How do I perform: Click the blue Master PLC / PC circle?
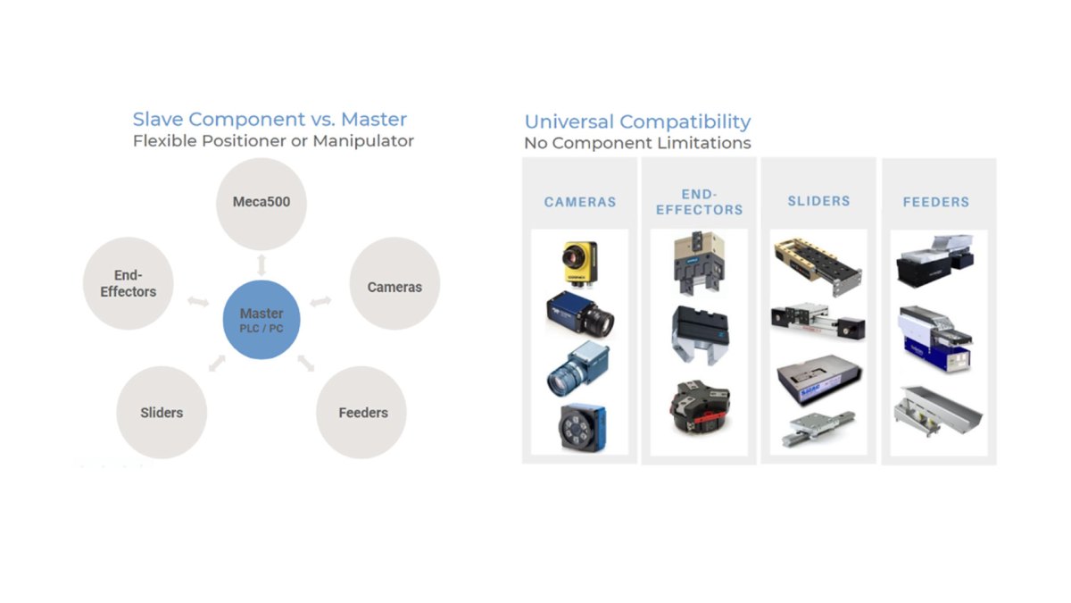click(x=262, y=320)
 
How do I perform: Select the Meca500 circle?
click(x=261, y=204)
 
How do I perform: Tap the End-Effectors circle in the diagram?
click(x=129, y=283)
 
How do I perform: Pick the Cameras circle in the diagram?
click(x=394, y=283)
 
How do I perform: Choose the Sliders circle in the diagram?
click(x=162, y=413)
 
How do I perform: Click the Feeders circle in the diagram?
click(x=361, y=413)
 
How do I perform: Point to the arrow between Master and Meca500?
click(x=261, y=265)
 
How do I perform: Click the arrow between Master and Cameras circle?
click(x=320, y=302)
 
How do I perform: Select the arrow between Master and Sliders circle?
click(x=217, y=363)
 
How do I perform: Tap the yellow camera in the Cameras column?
click(x=579, y=264)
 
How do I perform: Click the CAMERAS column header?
click(x=580, y=202)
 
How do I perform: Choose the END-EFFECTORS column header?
click(x=700, y=202)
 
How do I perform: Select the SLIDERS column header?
click(x=819, y=201)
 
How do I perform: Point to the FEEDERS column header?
click(x=936, y=202)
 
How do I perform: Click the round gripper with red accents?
click(x=701, y=407)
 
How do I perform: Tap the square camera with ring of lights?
click(x=582, y=427)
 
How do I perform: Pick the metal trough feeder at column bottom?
click(x=938, y=412)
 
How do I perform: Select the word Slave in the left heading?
click(x=158, y=119)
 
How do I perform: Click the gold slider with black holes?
click(x=818, y=265)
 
